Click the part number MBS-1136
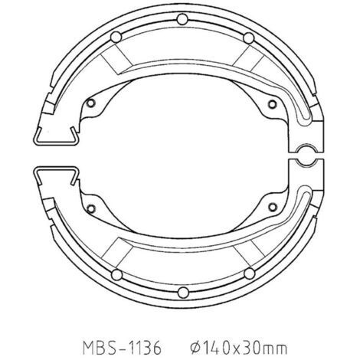click(123, 347)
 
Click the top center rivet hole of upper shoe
click(182, 19)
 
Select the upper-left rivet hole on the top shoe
click(116, 38)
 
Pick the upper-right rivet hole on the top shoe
click(249, 38)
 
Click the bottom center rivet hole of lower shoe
click(183, 293)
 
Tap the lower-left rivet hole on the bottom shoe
click(117, 275)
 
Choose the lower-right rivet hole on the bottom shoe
click(250, 274)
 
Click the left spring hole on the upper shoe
click(90, 103)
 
